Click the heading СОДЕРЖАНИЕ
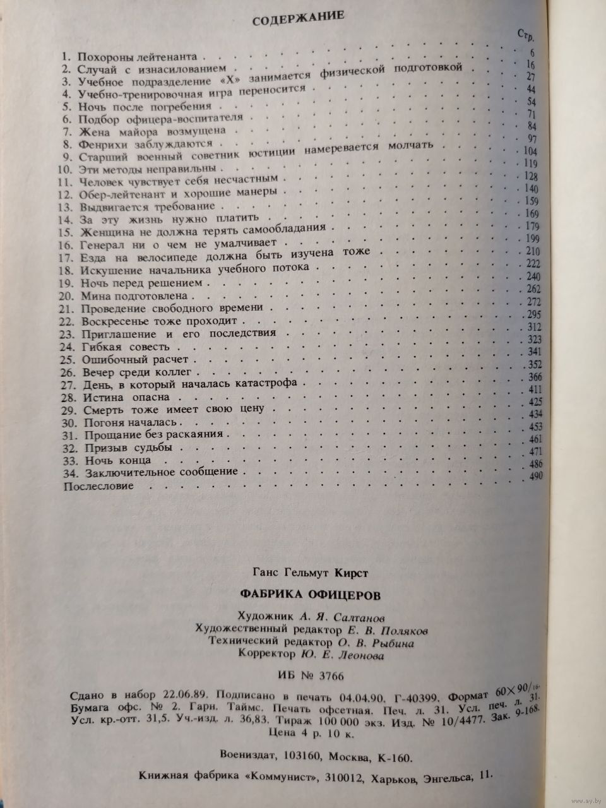tap(298, 19)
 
